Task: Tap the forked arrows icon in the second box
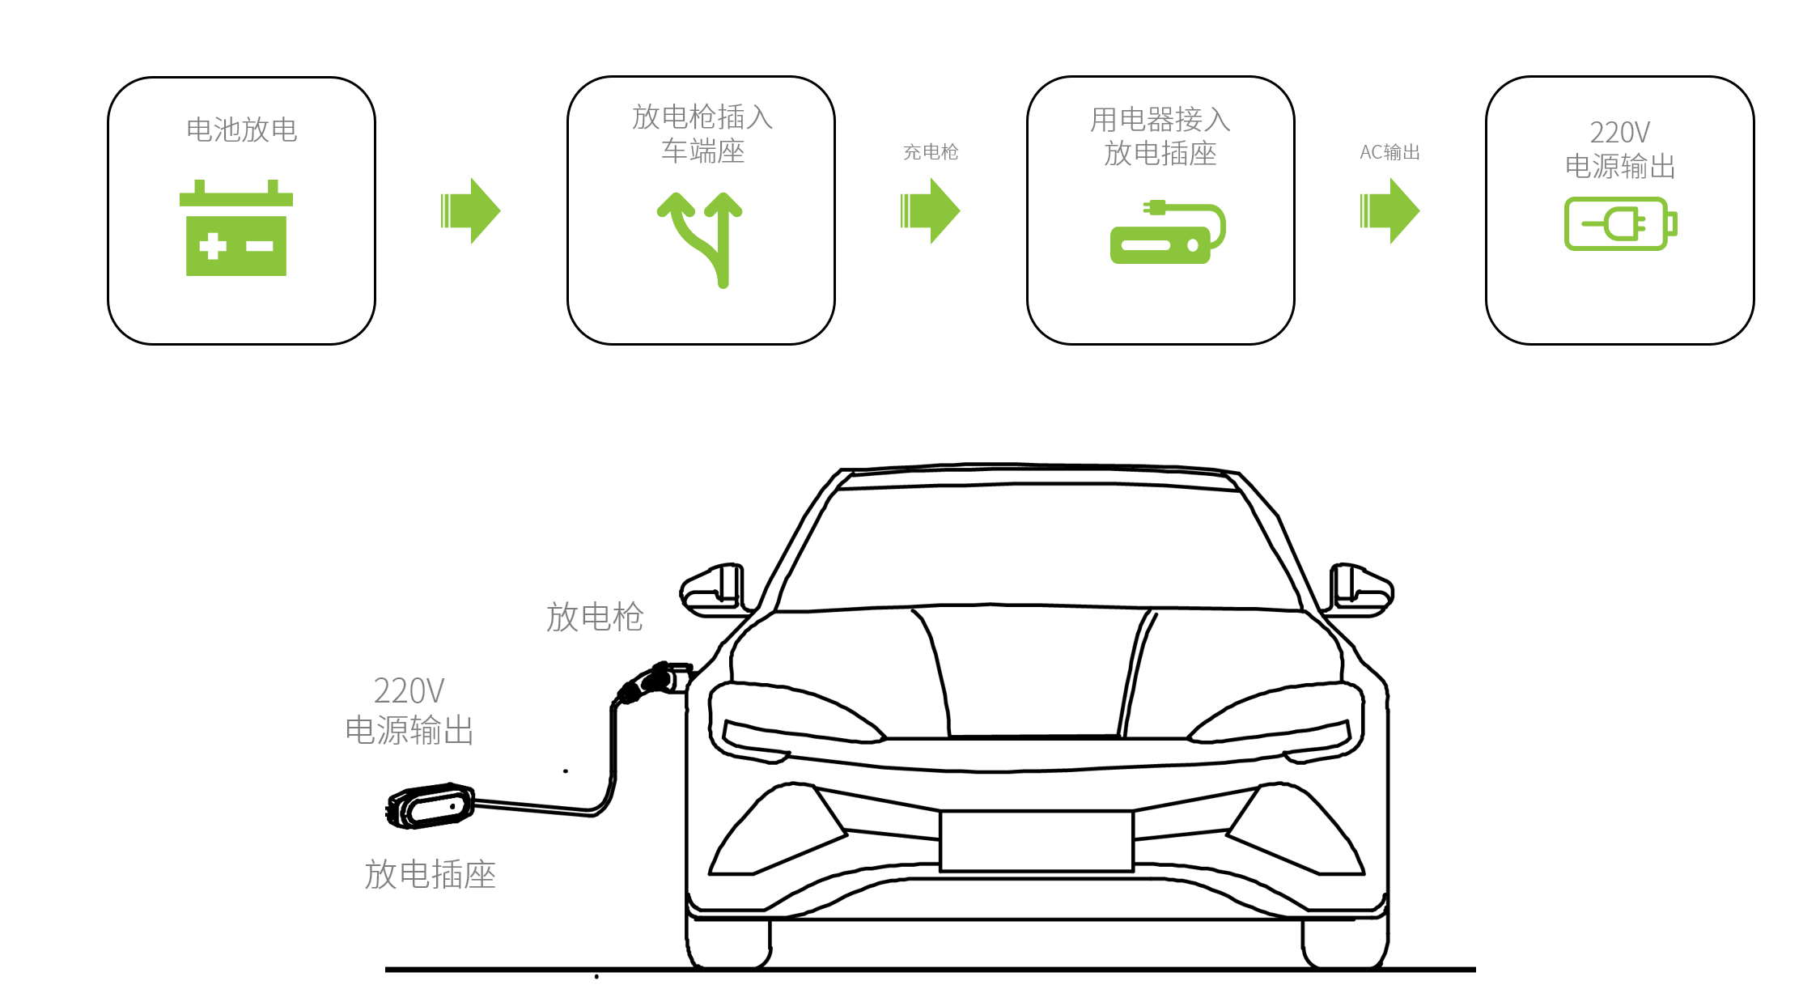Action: click(x=701, y=238)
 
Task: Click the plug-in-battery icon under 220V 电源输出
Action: click(x=1620, y=224)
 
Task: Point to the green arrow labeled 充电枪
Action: click(x=930, y=211)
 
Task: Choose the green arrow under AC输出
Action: click(x=1389, y=211)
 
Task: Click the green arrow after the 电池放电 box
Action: click(x=470, y=211)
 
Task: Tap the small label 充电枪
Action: click(x=931, y=152)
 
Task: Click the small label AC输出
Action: click(x=1389, y=152)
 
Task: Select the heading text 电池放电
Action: click(x=242, y=129)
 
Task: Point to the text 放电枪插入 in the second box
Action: click(x=702, y=117)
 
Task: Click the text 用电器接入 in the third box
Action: click(x=1160, y=120)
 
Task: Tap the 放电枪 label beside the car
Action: click(x=595, y=617)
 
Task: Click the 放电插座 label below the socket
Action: click(x=430, y=874)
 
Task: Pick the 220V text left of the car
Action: click(x=409, y=691)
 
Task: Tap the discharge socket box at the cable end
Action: click(x=431, y=805)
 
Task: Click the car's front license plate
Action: click(x=1037, y=841)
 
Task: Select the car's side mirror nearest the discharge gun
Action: click(x=712, y=589)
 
